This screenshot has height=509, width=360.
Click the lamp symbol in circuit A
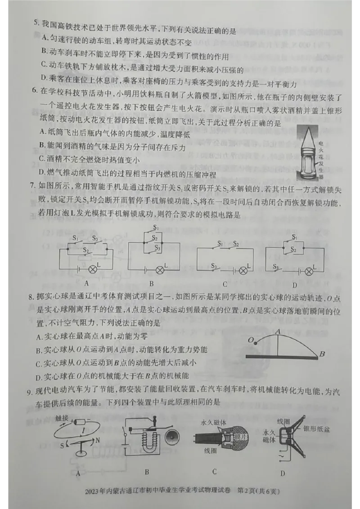point(93,269)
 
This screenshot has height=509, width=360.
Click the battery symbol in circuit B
point(146,270)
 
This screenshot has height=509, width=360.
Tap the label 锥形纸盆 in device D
point(317,429)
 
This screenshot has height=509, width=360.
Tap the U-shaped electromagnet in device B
point(146,438)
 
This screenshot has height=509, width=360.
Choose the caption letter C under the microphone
point(214,472)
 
